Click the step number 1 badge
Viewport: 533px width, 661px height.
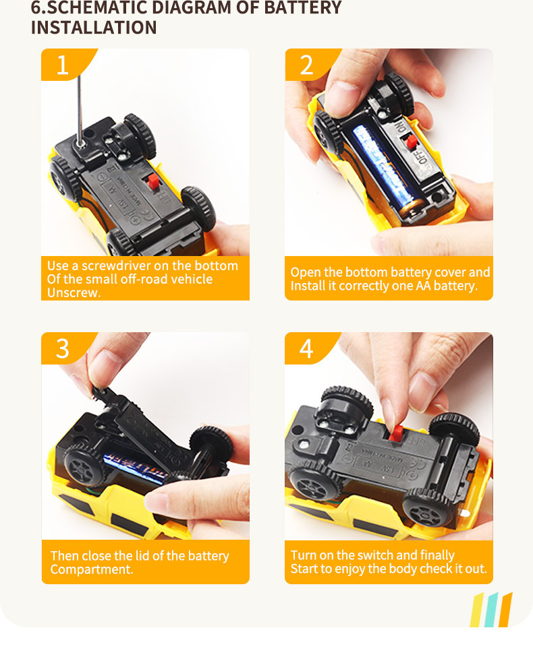tap(63, 65)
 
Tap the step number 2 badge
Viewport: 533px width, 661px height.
tap(306, 65)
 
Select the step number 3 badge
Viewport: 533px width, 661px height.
tap(63, 348)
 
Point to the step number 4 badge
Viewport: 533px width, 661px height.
tap(306, 348)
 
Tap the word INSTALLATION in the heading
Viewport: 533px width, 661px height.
tap(94, 28)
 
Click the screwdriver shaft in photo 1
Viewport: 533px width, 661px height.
tap(79, 111)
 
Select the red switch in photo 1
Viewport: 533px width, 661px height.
tap(153, 182)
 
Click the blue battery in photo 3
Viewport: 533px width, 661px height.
tap(134, 466)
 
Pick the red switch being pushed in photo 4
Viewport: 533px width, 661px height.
tap(396, 434)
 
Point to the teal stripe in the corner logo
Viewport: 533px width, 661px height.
tap(492, 610)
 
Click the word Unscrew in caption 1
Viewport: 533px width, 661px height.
tap(73, 292)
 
